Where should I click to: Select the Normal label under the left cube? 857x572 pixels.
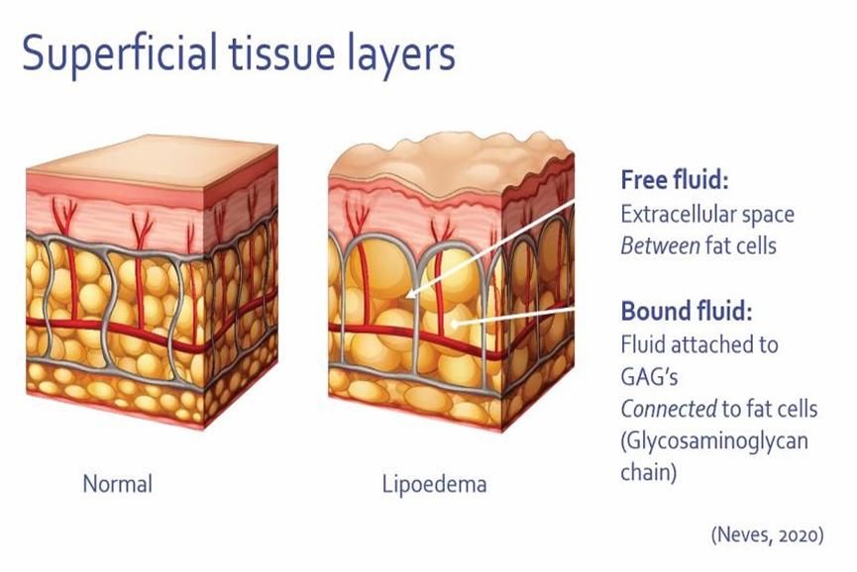(117, 485)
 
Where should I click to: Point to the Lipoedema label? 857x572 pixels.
(434, 486)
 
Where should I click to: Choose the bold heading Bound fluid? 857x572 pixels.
(687, 312)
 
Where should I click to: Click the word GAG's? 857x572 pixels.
(648, 376)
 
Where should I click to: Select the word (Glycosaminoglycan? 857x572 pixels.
(713, 438)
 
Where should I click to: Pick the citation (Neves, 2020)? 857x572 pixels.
(767, 535)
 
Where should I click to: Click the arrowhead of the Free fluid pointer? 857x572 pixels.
(407, 293)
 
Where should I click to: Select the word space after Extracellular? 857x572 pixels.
(770, 214)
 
